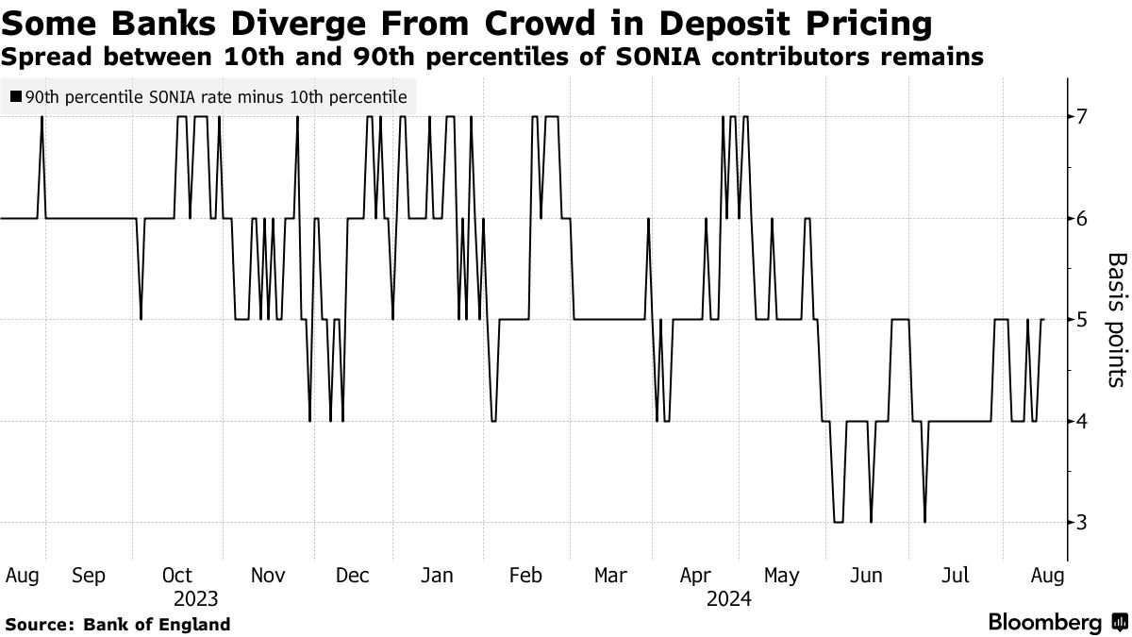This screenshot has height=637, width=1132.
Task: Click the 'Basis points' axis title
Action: click(x=1115, y=319)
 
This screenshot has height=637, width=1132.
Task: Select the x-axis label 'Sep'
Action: click(x=89, y=575)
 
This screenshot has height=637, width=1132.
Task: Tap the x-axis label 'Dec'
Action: click(x=353, y=575)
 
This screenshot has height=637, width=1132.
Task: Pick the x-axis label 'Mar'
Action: click(x=611, y=575)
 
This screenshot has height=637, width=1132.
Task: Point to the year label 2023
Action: click(x=196, y=598)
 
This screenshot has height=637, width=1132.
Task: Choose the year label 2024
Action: click(x=727, y=598)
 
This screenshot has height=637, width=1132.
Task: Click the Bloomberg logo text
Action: click(x=1045, y=623)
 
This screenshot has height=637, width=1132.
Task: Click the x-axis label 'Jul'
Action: click(x=956, y=575)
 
